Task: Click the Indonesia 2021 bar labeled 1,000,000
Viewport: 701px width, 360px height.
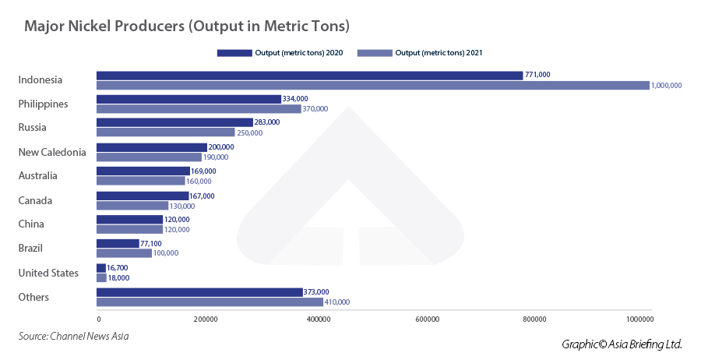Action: tap(372, 85)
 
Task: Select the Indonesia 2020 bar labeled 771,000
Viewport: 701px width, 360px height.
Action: tap(309, 75)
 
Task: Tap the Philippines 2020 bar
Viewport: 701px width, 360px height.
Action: tap(188, 99)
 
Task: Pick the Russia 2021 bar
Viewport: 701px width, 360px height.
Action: tap(165, 132)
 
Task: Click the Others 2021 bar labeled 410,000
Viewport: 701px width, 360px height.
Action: tap(210, 302)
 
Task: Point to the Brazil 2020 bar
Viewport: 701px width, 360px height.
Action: tap(118, 243)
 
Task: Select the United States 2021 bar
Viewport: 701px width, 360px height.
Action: tap(101, 277)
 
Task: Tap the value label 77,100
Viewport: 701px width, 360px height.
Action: tap(151, 244)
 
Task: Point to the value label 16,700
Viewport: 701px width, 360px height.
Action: tap(118, 268)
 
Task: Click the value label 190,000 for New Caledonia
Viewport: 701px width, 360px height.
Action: tap(217, 157)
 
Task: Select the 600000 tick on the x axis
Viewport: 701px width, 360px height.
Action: tap(428, 319)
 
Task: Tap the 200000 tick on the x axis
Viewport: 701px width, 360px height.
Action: tap(206, 319)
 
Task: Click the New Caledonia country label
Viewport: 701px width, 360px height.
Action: tap(52, 152)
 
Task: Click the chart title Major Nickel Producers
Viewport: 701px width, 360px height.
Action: tap(186, 26)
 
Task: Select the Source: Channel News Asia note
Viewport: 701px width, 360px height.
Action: tap(73, 336)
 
